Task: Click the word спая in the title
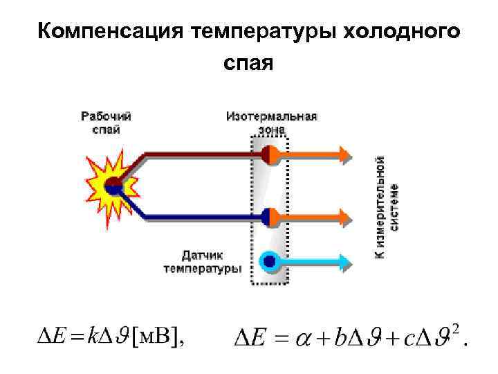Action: [248, 64]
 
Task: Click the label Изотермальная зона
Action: [271, 122]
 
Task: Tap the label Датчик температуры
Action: [202, 262]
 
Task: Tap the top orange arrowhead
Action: [344, 154]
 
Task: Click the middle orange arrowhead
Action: [344, 217]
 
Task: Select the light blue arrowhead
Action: [344, 262]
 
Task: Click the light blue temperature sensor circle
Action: [269, 262]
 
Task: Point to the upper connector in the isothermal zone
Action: [270, 154]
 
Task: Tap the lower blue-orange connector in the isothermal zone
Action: [270, 217]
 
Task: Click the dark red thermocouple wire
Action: [194, 154]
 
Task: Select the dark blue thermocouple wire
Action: [194, 217]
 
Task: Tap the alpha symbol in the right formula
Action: [304, 339]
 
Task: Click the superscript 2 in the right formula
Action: [455, 328]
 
